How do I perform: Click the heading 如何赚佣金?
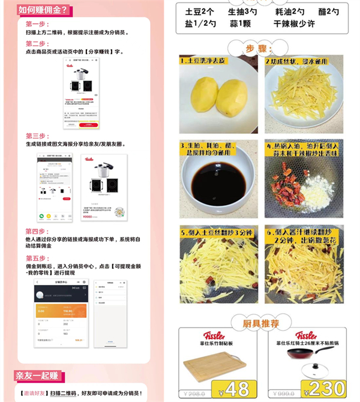pyautogui.click(x=44, y=10)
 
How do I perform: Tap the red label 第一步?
pyautogui.click(x=37, y=24)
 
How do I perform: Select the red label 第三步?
pyautogui.click(x=37, y=136)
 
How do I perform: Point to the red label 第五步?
pyautogui.click(x=37, y=258)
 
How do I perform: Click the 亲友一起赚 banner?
pyautogui.click(x=38, y=376)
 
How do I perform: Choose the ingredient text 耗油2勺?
pyautogui.click(x=290, y=11)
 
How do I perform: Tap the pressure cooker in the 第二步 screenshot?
pyautogui.click(x=78, y=76)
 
